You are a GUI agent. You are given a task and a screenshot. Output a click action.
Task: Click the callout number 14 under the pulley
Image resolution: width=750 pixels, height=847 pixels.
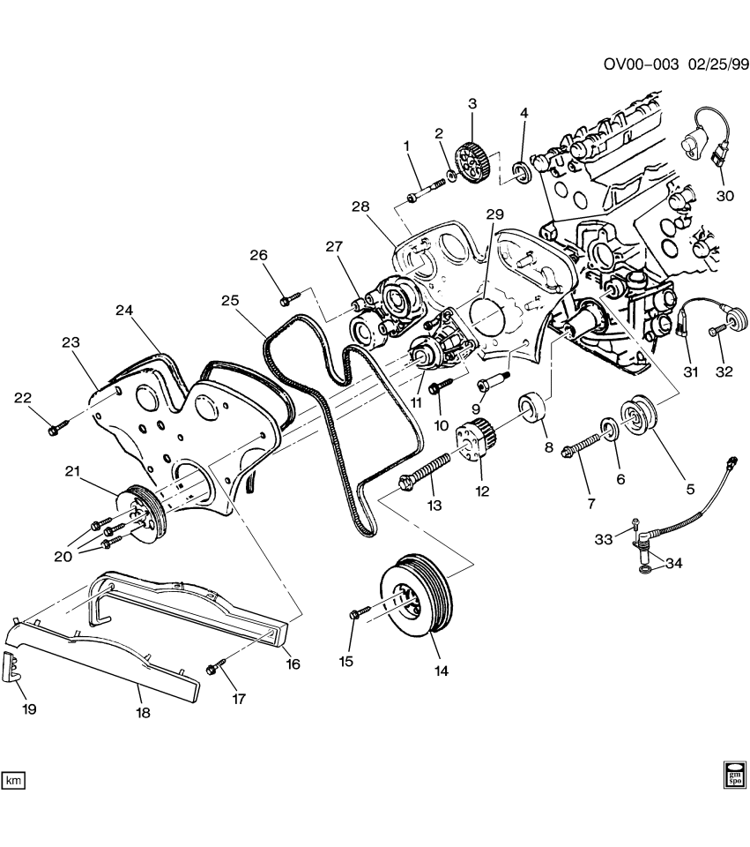441,671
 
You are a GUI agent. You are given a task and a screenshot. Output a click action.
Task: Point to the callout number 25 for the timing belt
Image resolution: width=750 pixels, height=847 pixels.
231,302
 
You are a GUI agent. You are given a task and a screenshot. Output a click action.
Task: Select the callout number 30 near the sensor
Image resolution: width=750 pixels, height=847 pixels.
724,197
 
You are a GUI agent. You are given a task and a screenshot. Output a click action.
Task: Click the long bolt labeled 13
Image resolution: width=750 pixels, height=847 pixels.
423,470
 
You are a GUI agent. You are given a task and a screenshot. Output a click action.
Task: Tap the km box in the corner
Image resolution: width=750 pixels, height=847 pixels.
14,780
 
